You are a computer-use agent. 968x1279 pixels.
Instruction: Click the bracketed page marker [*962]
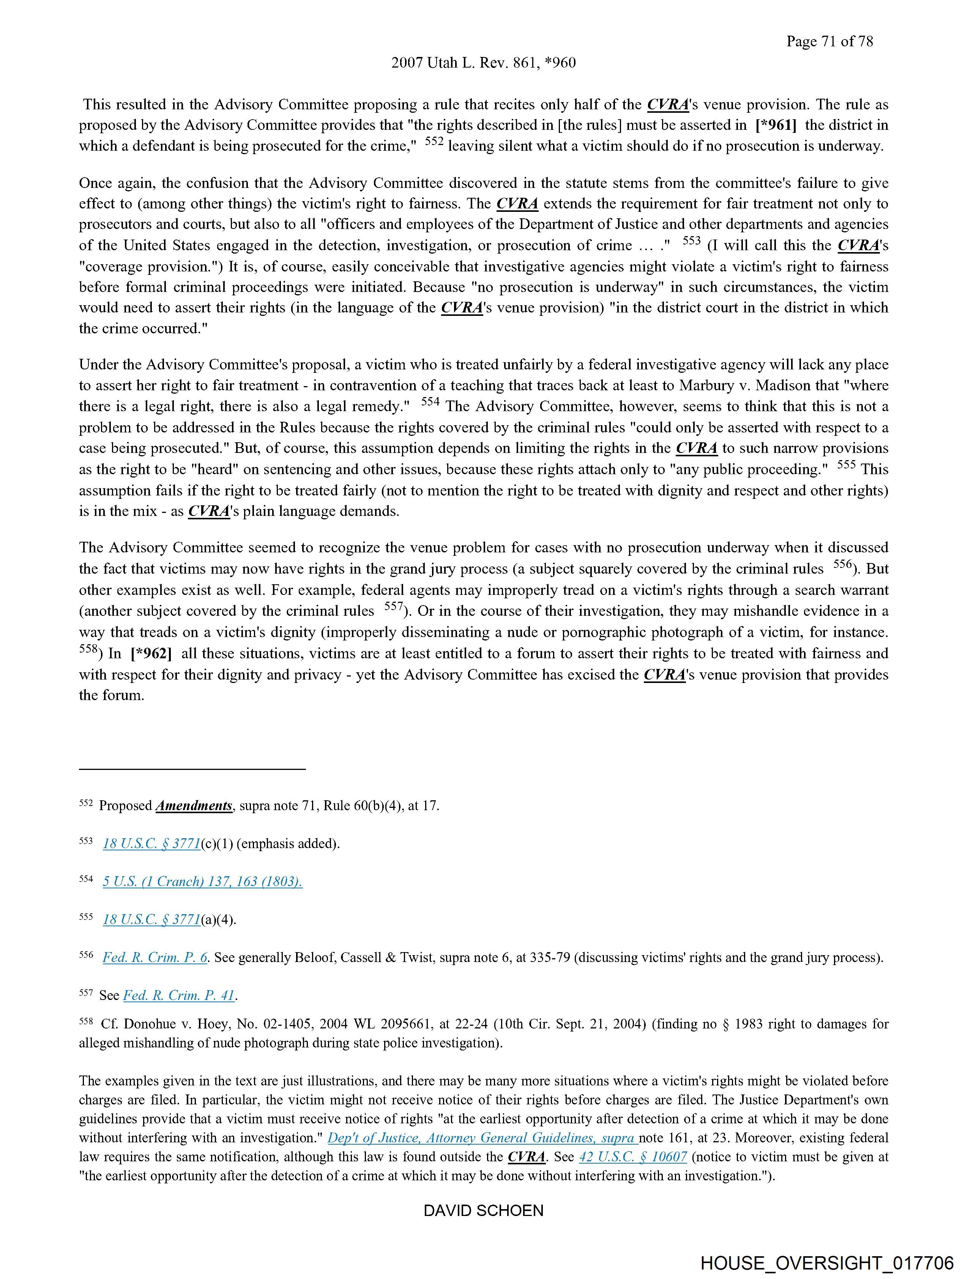[151, 653]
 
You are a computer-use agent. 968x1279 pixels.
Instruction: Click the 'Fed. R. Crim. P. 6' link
[155, 957]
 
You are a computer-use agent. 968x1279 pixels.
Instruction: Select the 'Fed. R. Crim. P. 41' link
[179, 995]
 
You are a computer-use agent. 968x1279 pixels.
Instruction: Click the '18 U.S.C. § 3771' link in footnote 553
[151, 844]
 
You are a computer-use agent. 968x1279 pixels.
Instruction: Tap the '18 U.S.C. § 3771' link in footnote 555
[151, 919]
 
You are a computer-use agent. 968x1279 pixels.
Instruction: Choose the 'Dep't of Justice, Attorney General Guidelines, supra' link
[482, 1137]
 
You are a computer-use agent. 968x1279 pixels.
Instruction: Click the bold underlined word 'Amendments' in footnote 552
[194, 806]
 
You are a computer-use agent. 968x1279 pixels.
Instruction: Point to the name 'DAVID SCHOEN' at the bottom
[483, 1210]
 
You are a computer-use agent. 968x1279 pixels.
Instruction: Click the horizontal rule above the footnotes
[192, 769]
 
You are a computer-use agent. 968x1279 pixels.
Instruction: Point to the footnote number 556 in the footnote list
[85, 955]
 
